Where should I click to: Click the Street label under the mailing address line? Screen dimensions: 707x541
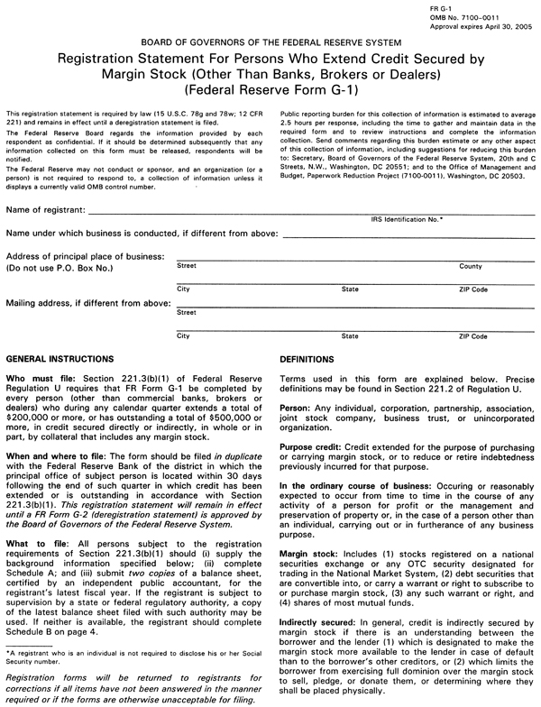(x=187, y=312)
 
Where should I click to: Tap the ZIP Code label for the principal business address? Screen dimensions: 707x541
(x=473, y=289)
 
